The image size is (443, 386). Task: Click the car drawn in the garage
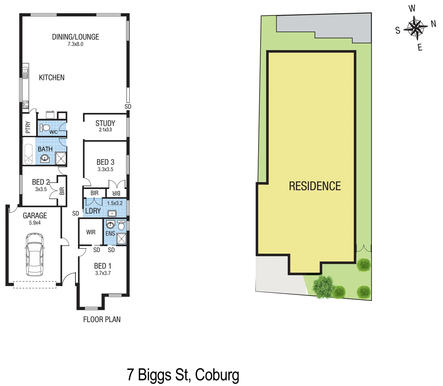tap(34, 254)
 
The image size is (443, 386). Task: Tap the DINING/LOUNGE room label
tap(75, 37)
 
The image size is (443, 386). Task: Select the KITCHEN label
tap(52, 78)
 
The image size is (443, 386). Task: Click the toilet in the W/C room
tap(45, 128)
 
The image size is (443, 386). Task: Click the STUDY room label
tap(105, 123)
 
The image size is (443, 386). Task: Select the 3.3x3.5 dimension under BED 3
tap(105, 169)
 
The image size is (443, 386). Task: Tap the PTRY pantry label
tap(28, 127)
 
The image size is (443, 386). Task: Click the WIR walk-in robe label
tap(91, 232)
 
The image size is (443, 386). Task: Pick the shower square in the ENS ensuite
tap(121, 238)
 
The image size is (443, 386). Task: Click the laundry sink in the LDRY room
tap(112, 214)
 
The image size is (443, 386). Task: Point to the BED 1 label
tap(103, 266)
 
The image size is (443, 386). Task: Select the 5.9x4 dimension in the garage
tap(35, 223)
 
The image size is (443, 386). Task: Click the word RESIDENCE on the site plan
tap(314, 186)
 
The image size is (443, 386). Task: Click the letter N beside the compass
tap(433, 24)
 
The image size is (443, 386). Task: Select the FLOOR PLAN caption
tap(102, 320)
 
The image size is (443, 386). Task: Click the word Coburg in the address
tap(217, 375)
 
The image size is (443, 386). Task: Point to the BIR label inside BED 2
tap(62, 191)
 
